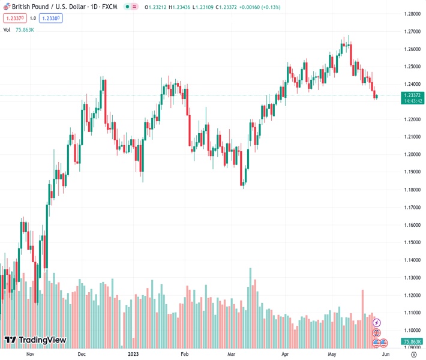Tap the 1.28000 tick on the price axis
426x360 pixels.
[411, 13]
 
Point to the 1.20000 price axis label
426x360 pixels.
[411, 154]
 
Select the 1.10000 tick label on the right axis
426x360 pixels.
[411, 330]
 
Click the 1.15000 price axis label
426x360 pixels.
[411, 242]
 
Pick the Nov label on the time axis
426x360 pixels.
[31, 354]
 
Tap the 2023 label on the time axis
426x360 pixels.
[134, 354]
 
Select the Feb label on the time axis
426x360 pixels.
[185, 354]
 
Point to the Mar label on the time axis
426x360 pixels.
[231, 354]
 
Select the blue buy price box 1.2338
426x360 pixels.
[52, 18]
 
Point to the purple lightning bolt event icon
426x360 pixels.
[377, 323]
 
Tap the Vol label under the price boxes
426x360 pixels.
[7, 29]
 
